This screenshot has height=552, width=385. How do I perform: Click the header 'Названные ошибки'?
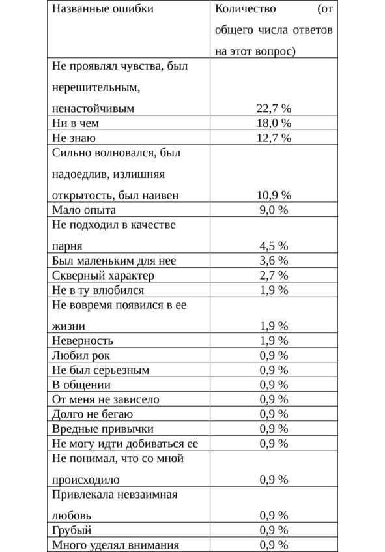pyautogui.click(x=103, y=10)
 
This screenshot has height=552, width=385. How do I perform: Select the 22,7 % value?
pyautogui.click(x=274, y=108)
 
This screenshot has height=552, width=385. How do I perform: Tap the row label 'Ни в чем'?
pyautogui.click(x=76, y=123)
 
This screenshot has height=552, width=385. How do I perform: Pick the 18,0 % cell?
pyautogui.click(x=274, y=123)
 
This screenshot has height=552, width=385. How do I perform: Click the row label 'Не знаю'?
pyautogui.click(x=74, y=138)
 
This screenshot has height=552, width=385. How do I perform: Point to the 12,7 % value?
pyautogui.click(x=274, y=138)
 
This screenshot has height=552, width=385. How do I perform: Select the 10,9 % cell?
pyautogui.click(x=274, y=195)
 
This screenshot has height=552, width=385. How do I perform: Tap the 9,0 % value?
pyautogui.click(x=274, y=210)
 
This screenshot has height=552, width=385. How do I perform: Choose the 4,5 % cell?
pyautogui.click(x=274, y=246)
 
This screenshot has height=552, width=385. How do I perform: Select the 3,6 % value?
pyautogui.click(x=274, y=261)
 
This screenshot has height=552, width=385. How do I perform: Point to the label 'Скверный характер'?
pyautogui.click(x=103, y=276)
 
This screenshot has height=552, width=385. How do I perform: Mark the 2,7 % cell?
pyautogui.click(x=274, y=276)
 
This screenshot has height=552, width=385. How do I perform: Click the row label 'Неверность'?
pyautogui.click(x=83, y=340)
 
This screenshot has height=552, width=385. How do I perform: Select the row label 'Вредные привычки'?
pyautogui.click(x=103, y=429)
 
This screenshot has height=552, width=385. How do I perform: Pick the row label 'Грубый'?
pyautogui.click(x=72, y=530)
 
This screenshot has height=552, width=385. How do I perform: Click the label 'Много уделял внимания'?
pyautogui.click(x=115, y=545)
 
